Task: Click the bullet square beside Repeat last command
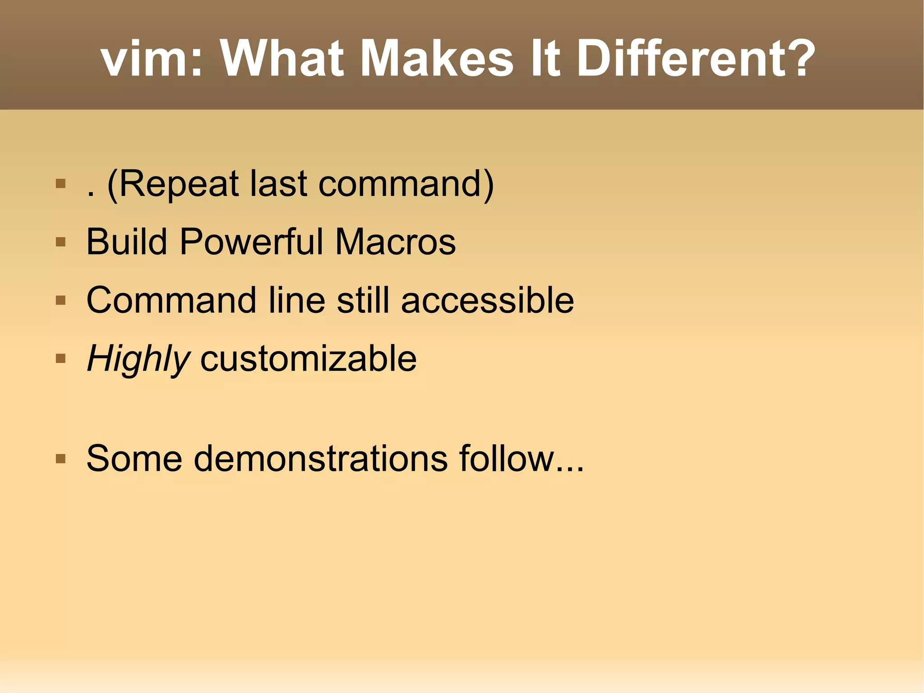(x=60, y=184)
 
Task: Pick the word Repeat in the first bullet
(x=178, y=184)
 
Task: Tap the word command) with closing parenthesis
(x=406, y=184)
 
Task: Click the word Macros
(x=395, y=242)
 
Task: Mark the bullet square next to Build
(x=60, y=242)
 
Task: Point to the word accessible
(x=487, y=300)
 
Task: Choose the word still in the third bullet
(x=363, y=300)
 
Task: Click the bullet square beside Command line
(x=60, y=301)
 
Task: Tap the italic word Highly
(x=138, y=359)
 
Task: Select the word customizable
(x=308, y=358)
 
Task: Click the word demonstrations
(x=321, y=459)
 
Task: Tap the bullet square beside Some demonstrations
(x=60, y=459)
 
